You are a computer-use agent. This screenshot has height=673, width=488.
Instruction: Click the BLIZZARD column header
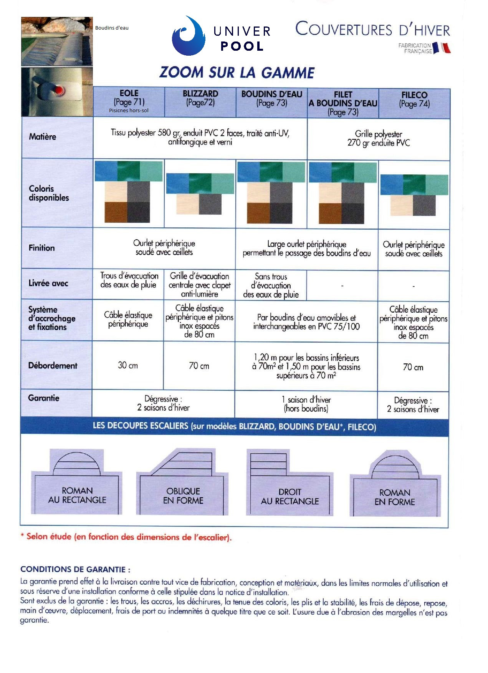tap(200, 98)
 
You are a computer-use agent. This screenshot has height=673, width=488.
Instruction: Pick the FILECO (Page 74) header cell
tap(414, 99)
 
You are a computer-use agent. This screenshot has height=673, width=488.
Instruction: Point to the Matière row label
tap(42, 137)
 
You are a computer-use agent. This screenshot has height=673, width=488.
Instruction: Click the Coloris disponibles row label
tap(49, 193)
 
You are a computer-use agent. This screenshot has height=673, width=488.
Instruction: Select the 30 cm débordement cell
tap(128, 365)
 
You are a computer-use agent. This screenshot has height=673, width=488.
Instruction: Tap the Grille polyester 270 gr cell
tap(378, 139)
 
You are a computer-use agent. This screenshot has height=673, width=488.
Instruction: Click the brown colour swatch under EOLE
tap(116, 212)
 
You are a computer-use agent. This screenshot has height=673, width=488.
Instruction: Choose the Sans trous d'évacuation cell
tap(271, 285)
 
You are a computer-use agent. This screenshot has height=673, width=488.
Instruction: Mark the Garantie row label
tap(43, 398)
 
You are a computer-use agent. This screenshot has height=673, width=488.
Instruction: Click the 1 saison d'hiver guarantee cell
tap(306, 404)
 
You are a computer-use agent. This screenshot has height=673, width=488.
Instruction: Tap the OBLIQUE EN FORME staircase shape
tap(183, 484)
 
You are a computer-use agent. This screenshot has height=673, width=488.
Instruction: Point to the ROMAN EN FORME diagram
tap(395, 485)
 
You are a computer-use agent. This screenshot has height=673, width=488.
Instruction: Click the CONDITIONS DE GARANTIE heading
tap(75, 569)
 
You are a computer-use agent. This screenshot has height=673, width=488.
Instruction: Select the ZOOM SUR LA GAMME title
tap(237, 73)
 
